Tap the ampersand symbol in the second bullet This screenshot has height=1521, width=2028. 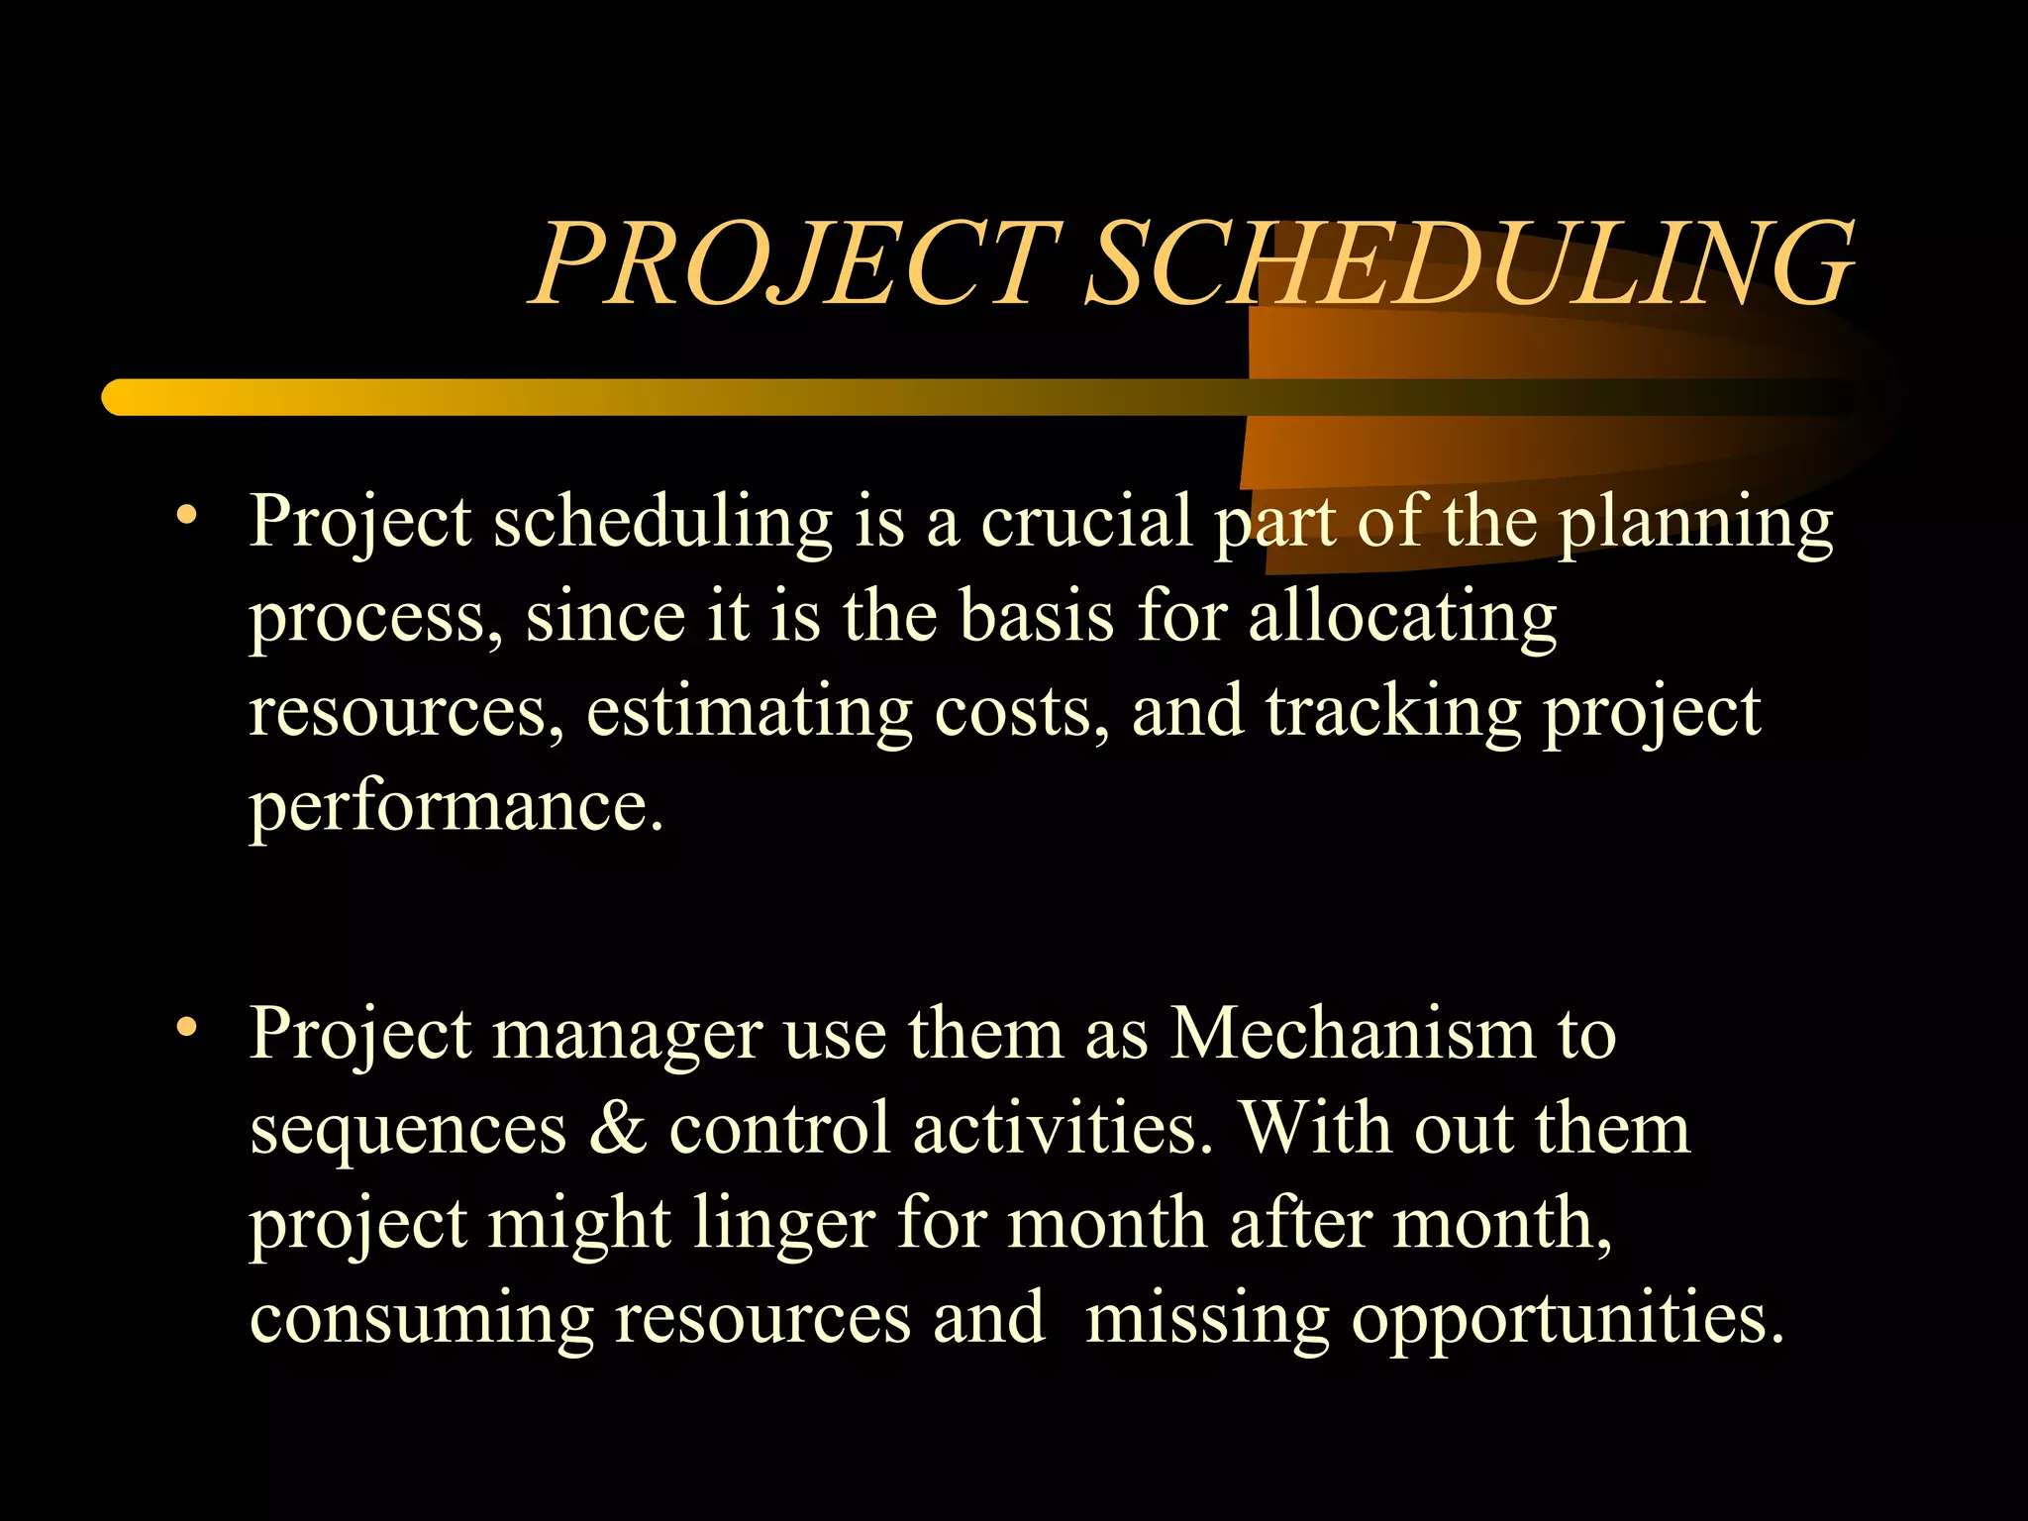[x=618, y=1129]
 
